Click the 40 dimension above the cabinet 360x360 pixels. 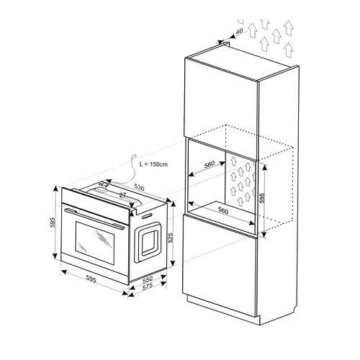[239, 31]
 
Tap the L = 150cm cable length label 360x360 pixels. [153, 164]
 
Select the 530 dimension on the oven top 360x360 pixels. [139, 187]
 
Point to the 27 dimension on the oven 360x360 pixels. [122, 195]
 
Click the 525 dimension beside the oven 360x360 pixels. [171, 238]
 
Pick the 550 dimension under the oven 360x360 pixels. [148, 279]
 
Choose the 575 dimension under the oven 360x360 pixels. [148, 287]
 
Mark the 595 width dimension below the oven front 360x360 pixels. [91, 279]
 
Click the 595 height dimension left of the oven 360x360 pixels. [53, 222]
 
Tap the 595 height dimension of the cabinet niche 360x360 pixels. [262, 198]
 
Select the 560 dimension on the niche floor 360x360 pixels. [223, 210]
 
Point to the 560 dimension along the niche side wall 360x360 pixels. [210, 165]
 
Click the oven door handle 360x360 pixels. [94, 219]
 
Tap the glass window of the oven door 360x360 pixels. [95, 243]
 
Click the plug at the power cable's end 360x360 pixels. [135, 156]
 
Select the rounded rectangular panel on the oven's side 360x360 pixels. [148, 242]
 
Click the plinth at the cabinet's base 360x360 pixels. [223, 308]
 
